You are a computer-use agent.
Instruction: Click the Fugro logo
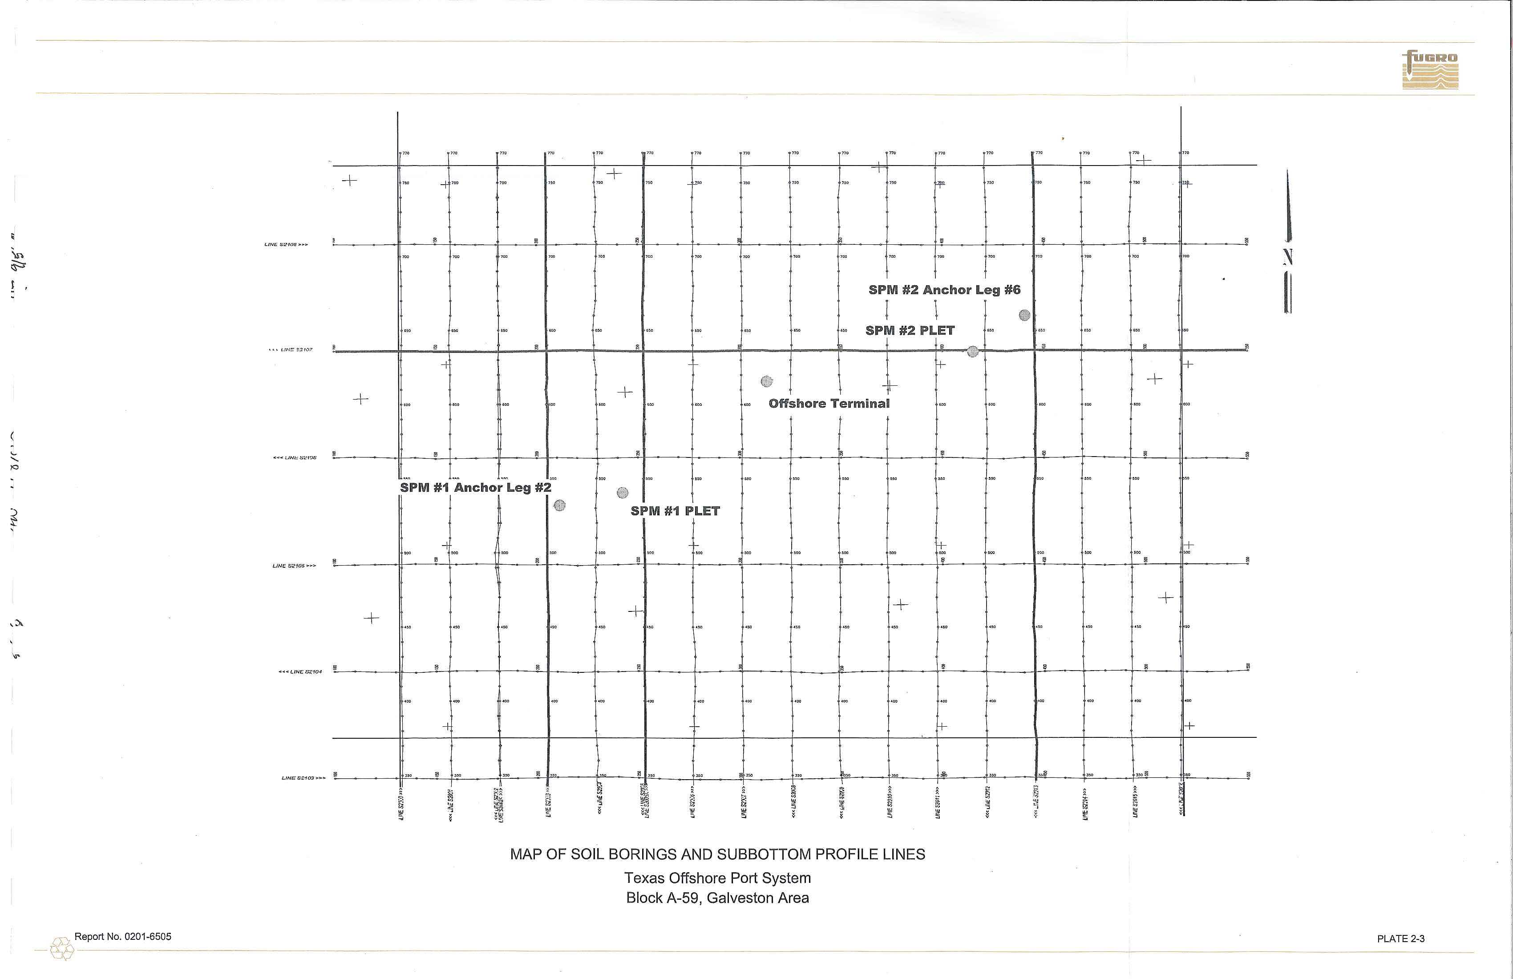pos(1430,69)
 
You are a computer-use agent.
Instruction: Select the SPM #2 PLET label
pos(910,331)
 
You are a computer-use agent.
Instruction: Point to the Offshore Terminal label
pos(829,404)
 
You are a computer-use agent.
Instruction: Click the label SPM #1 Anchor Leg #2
pos(476,488)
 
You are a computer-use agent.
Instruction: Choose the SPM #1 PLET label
pos(675,511)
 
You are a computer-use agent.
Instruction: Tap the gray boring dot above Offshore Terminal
pos(767,381)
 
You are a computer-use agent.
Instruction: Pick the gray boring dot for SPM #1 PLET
pos(623,493)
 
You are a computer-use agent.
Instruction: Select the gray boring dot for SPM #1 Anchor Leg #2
pos(559,506)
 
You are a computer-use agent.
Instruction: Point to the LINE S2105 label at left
pos(294,566)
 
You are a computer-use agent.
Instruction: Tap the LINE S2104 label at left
pos(300,672)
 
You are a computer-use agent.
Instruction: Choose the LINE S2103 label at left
pos(303,778)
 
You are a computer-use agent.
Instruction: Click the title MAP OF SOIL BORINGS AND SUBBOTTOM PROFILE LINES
pos(717,854)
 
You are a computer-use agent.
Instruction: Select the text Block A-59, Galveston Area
pos(717,898)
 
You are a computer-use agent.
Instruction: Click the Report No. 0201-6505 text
pos(123,936)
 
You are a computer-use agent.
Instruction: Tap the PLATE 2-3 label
pos(1400,939)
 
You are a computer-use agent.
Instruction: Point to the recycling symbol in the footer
pos(62,948)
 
